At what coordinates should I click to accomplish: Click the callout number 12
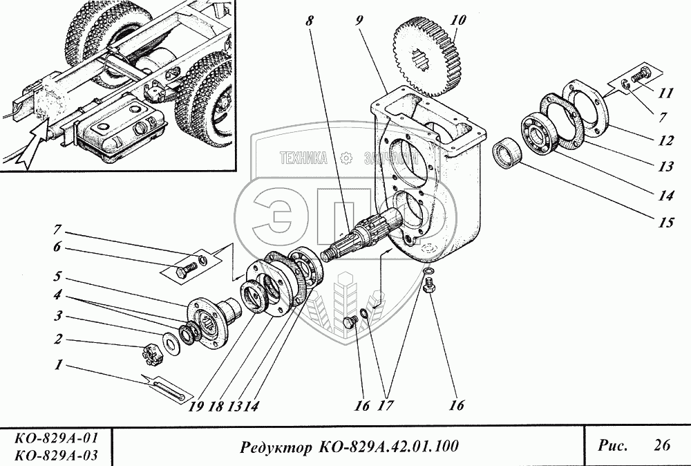pyautogui.click(x=666, y=140)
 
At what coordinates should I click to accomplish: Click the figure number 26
pyautogui.click(x=661, y=446)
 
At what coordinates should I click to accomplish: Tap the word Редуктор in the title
pyautogui.click(x=269, y=447)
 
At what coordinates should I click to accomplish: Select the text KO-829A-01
pyautogui.click(x=55, y=438)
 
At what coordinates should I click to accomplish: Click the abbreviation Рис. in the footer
pyautogui.click(x=612, y=446)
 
